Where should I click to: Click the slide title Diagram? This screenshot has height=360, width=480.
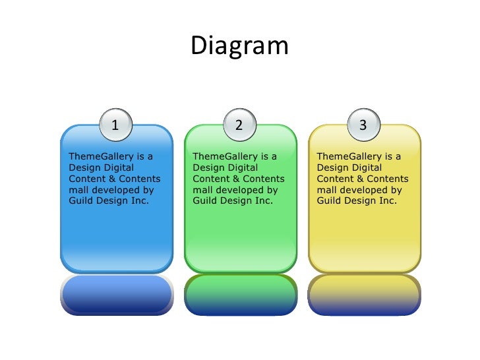(x=240, y=46)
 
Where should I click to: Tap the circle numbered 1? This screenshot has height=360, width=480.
(x=116, y=125)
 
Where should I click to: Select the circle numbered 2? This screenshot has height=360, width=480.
(x=239, y=125)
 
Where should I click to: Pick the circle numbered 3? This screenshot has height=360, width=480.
(x=363, y=125)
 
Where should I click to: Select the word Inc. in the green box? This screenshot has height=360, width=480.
(x=262, y=201)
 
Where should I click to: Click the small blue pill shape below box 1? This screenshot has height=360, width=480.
(x=116, y=294)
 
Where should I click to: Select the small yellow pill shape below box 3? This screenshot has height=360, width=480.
(x=363, y=294)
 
